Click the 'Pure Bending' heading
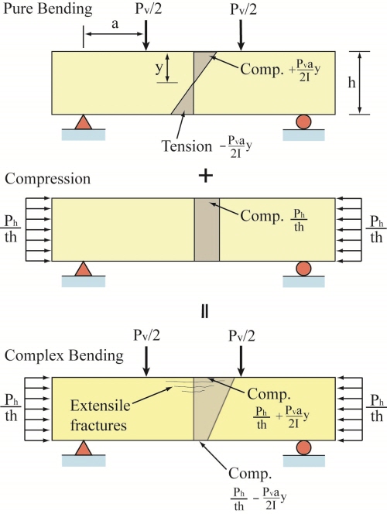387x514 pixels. tap(48, 9)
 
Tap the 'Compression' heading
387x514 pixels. tap(48, 180)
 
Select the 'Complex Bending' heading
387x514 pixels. tap(64, 355)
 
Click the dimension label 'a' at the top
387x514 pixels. tap(115, 24)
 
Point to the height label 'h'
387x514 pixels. tap(351, 83)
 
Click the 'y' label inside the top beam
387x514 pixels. tap(159, 68)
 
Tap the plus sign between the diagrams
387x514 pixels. tap(205, 176)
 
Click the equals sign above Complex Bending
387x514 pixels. tap(204, 312)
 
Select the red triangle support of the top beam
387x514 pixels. tap(84, 122)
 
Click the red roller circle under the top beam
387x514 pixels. tap(303, 122)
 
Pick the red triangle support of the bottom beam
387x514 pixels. tap(84, 448)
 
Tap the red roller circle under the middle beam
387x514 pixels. tap(303, 269)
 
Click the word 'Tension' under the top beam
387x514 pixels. tap(187, 146)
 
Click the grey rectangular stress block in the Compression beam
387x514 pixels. tap(207, 229)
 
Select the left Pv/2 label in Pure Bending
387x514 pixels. tap(149, 9)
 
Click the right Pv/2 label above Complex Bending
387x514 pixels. tap(241, 336)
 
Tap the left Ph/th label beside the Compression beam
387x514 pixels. tap(11, 228)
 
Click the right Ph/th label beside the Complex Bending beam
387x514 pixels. tap(377, 408)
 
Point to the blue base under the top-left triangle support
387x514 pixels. tap(84, 135)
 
